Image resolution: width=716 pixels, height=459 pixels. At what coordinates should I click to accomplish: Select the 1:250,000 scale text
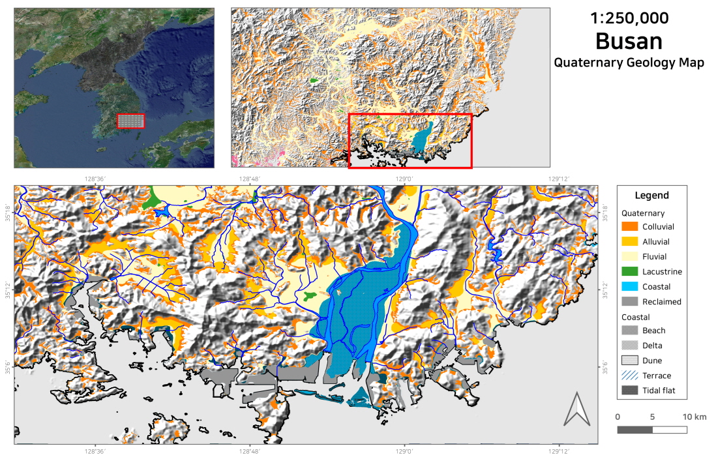pyautogui.click(x=629, y=18)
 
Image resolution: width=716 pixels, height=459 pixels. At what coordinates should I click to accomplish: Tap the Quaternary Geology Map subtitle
pyautogui.click(x=629, y=63)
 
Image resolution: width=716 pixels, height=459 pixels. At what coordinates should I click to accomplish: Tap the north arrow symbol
pyautogui.click(x=576, y=409)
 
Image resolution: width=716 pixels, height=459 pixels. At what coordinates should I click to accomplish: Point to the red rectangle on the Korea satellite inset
pyautogui.click(x=131, y=121)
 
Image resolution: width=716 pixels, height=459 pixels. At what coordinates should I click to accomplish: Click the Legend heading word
pyautogui.click(x=651, y=196)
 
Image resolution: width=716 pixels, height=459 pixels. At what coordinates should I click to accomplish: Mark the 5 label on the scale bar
pyautogui.click(x=652, y=417)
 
